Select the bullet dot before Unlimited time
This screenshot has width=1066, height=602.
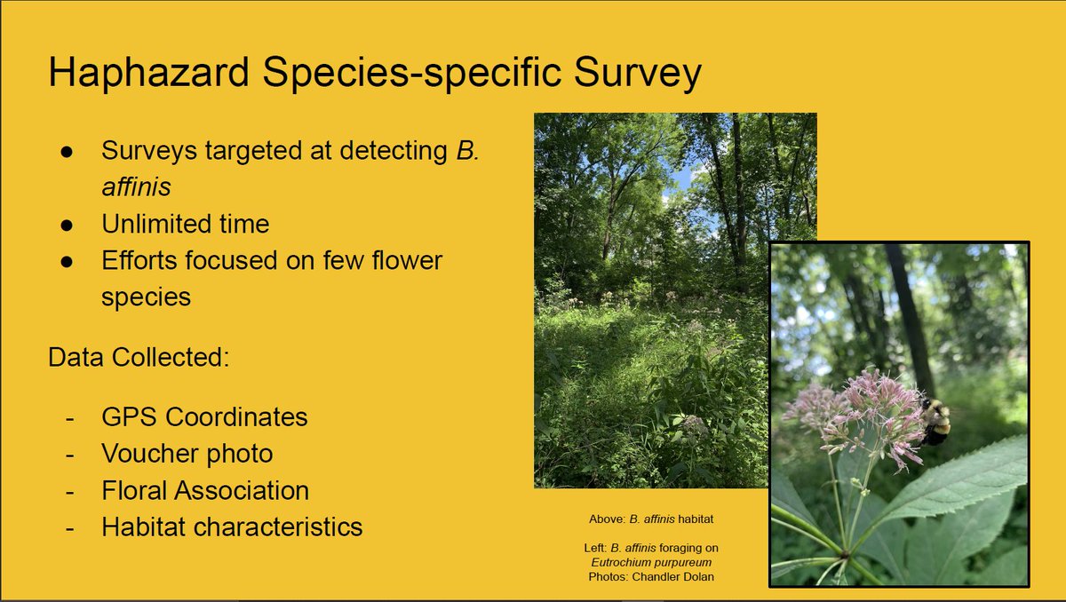pos(67,224)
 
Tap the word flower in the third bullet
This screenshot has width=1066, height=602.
pos(403,260)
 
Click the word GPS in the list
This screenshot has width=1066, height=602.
pos(130,416)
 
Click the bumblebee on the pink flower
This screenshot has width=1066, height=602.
pos(935,420)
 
